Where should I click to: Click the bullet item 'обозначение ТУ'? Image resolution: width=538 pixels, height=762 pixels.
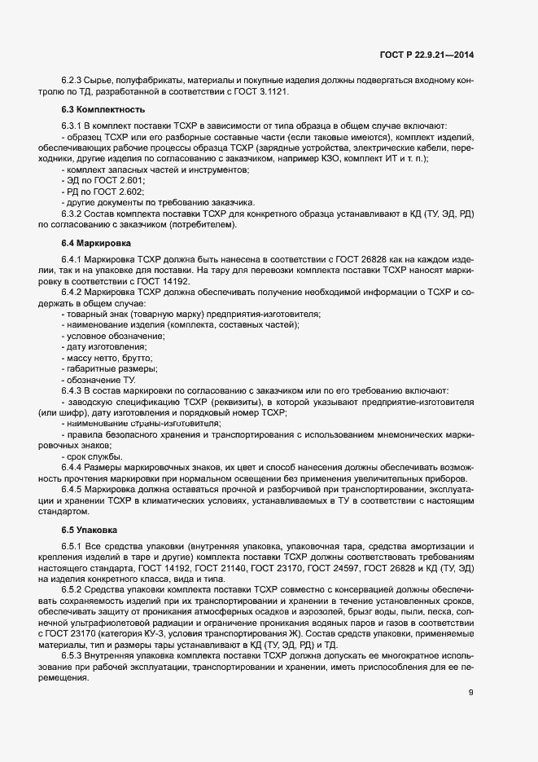point(101,380)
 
